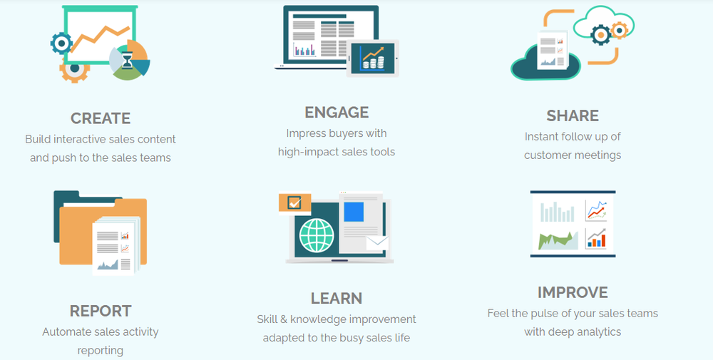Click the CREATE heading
click(101, 118)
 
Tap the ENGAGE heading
click(337, 112)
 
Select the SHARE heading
click(573, 115)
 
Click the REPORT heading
click(101, 311)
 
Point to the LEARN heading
click(337, 298)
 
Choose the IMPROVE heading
click(573, 292)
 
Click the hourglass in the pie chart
click(127, 61)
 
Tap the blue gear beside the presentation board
click(61, 43)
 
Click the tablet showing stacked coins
click(373, 58)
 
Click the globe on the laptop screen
click(317, 235)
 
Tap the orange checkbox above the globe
click(294, 202)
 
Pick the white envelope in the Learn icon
click(377, 242)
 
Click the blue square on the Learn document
click(354, 211)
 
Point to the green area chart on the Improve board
click(558, 240)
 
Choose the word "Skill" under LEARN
click(267, 319)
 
